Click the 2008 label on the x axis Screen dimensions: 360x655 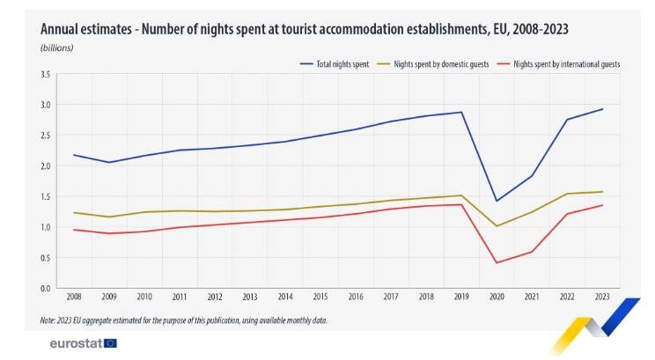[74, 298]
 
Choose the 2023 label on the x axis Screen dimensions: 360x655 [602, 298]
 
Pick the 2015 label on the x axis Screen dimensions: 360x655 [320, 298]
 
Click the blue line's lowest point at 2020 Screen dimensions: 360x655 [497, 201]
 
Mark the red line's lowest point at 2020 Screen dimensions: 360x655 [497, 262]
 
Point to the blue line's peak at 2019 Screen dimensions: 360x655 [461, 113]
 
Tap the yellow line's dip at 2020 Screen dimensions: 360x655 [497, 226]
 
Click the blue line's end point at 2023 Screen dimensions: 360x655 [602, 109]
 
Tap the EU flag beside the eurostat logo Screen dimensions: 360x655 [110, 342]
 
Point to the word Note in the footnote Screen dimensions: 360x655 [48, 320]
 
